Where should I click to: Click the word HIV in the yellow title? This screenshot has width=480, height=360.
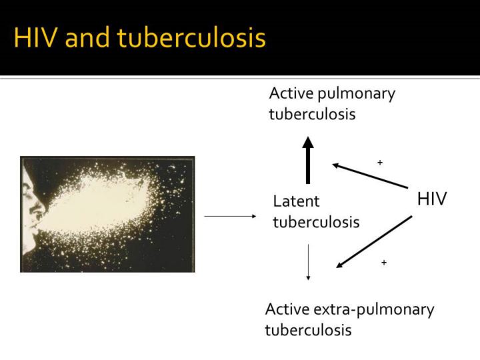tap(35, 37)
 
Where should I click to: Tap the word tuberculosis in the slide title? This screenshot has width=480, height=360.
tap(191, 37)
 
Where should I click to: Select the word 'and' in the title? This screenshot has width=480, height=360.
tap(87, 37)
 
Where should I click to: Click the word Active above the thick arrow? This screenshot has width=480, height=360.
tap(291, 93)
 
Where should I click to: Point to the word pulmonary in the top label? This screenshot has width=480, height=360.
tap(357, 95)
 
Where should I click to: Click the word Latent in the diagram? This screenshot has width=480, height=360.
tap(296, 201)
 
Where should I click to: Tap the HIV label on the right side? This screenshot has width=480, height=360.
tap(432, 199)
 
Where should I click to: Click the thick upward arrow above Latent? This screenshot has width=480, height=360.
tap(308, 160)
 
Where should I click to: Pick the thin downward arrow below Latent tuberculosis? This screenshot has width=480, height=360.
tap(308, 262)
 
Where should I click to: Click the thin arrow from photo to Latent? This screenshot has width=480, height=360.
tap(230, 217)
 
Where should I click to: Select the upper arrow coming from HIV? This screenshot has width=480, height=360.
tap(370, 176)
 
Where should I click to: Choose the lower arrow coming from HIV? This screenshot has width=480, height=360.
tap(374, 242)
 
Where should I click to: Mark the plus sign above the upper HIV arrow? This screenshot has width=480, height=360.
tap(380, 162)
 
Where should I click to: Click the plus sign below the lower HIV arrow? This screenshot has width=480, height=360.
tap(384, 263)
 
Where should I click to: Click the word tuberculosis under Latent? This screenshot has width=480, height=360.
tap(316, 222)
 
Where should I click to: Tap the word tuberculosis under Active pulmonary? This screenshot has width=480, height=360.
tap(312, 114)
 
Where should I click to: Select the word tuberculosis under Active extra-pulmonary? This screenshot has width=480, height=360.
tap(308, 330)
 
